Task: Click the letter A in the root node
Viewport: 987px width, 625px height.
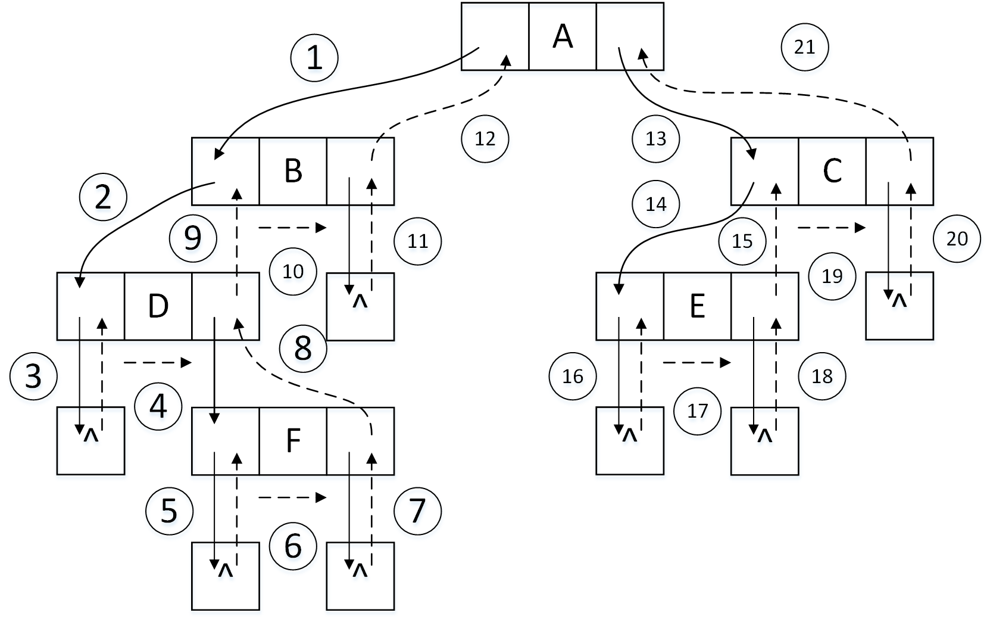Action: (x=563, y=36)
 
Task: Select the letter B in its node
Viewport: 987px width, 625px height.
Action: (x=293, y=171)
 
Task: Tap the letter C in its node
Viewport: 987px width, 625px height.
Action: (x=832, y=171)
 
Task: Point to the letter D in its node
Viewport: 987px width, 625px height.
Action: (x=158, y=306)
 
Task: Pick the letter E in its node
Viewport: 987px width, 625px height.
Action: (x=697, y=306)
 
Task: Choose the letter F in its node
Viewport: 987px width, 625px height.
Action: (x=293, y=441)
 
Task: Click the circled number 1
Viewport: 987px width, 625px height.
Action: (x=314, y=58)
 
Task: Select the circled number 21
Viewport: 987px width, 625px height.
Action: (x=805, y=46)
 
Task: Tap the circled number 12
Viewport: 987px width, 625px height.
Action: (x=485, y=139)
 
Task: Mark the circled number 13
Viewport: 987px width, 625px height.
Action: (x=655, y=139)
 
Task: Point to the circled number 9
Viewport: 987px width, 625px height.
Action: (x=192, y=238)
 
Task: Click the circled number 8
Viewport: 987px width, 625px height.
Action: (x=303, y=349)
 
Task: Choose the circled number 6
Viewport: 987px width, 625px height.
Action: (x=292, y=546)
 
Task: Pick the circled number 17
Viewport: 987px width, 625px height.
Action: (x=697, y=411)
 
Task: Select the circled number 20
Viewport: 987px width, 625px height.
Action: (x=957, y=239)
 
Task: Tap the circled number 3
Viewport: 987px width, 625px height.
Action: (x=33, y=376)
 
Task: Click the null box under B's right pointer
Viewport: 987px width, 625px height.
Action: (x=360, y=307)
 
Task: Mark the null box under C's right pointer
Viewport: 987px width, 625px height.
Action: (x=899, y=306)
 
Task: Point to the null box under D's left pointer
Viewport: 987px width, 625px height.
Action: (x=90, y=441)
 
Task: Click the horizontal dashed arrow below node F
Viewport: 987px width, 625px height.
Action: (x=292, y=497)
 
